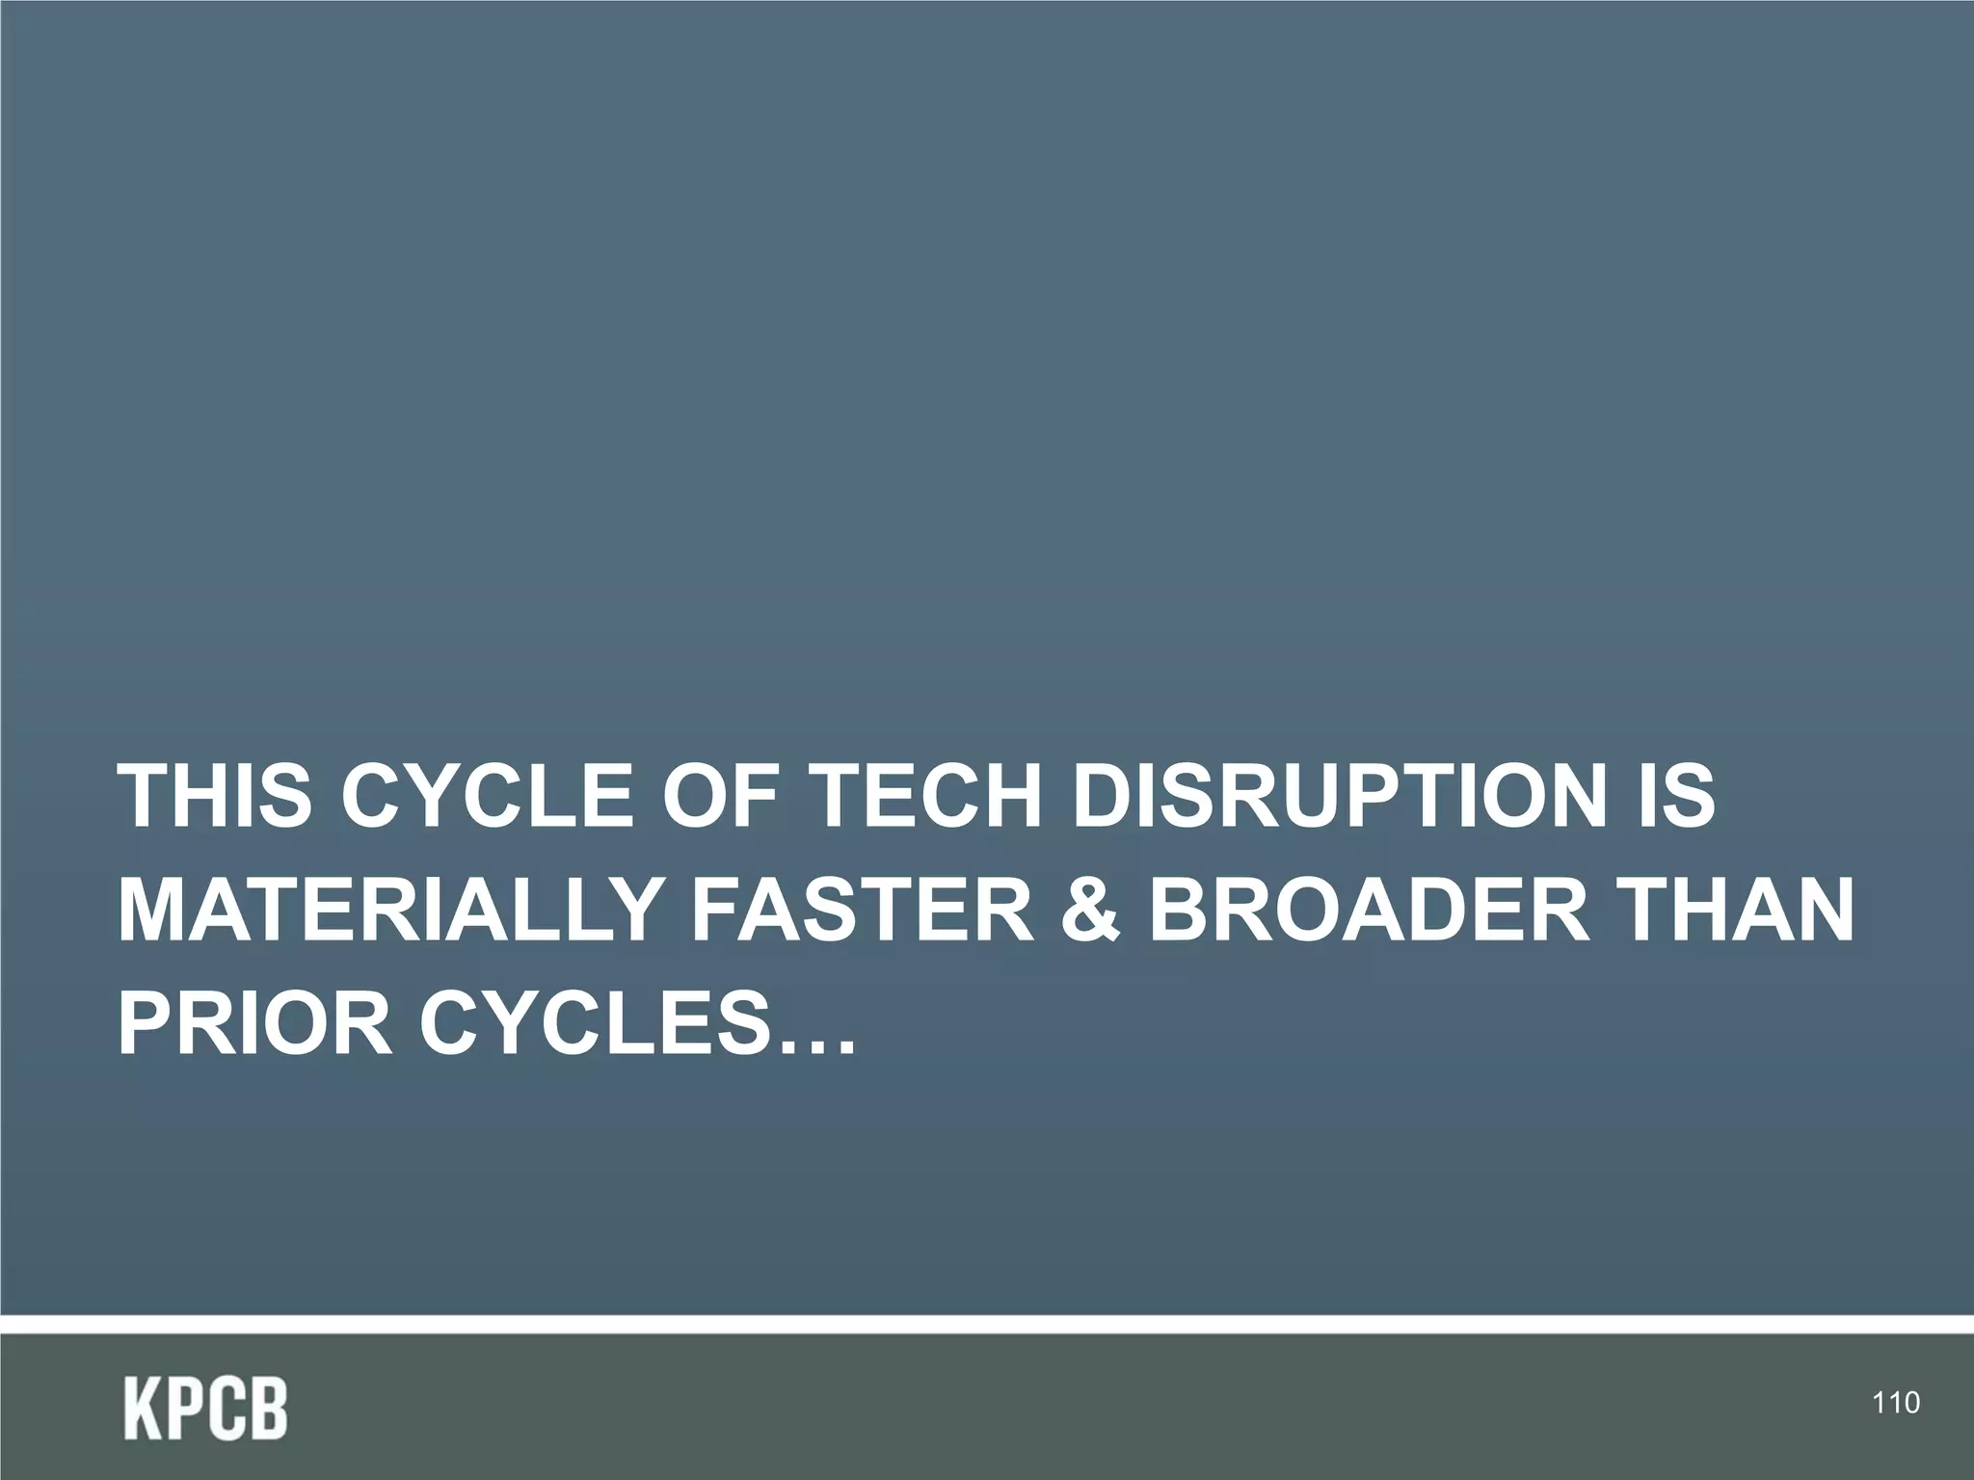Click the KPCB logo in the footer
pyautogui.click(x=205, y=1410)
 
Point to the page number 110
pyautogui.click(x=1896, y=1403)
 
